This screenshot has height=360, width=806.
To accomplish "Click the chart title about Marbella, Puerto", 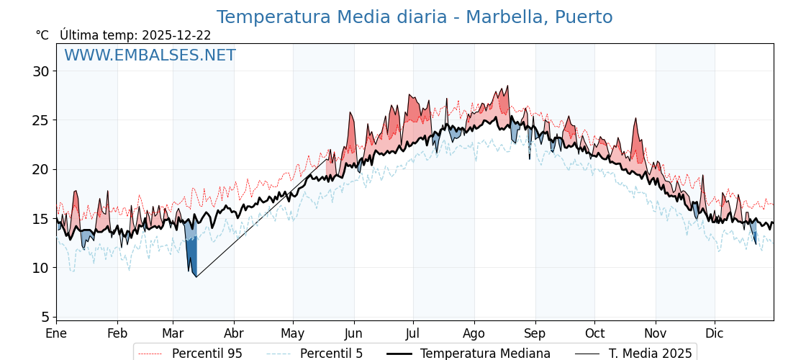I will coord(415,17).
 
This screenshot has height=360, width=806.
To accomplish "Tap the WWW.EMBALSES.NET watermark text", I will coord(150,55).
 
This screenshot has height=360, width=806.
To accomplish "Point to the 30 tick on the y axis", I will coord(40,71).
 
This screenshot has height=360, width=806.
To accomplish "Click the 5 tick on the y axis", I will coord(45,317).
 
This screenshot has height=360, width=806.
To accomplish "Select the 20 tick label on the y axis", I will coord(40,169).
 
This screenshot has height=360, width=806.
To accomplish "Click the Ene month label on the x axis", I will coord(56,334).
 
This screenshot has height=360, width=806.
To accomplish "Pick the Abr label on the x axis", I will coord(233,334).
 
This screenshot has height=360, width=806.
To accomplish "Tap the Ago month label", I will coord(474,334).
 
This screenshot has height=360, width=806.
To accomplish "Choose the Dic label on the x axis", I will coord(715,334).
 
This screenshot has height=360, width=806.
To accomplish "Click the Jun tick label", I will coord(353,334).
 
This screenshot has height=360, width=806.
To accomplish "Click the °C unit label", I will coord(42,35).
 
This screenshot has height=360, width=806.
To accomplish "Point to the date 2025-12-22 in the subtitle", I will coord(176,35).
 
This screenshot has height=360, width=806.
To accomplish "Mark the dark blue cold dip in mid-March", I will coord(191,248).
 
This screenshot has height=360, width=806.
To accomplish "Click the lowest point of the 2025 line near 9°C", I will coord(196,276).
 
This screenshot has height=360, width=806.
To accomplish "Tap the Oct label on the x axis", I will coord(594,334).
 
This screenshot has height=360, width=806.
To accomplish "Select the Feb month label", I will coord(117,334).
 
